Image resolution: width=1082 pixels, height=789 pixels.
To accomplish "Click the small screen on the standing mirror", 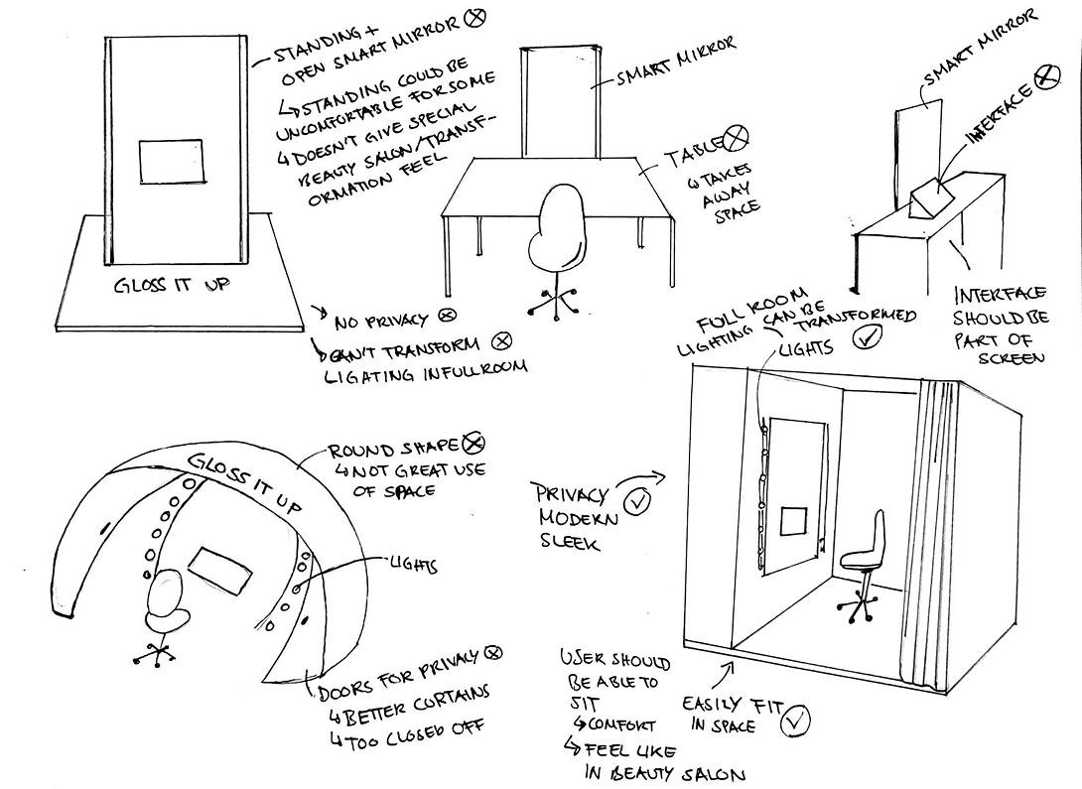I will click(x=172, y=162).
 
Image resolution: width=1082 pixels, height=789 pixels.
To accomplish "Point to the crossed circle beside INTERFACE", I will click(x=1045, y=76).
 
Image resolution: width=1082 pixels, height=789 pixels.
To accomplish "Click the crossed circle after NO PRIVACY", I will click(x=447, y=317).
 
